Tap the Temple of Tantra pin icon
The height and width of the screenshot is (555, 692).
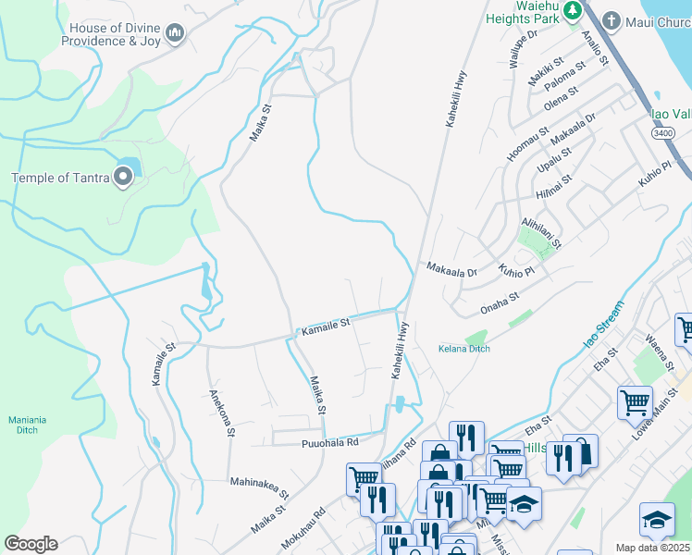click(x=123, y=179)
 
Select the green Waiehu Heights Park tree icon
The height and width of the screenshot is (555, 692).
click(x=573, y=10)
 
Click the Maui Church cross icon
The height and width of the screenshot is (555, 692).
click(x=612, y=19)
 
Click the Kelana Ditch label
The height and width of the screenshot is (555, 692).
click(x=463, y=349)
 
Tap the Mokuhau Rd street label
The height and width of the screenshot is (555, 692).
click(x=307, y=524)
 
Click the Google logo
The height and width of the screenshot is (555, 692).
click(x=31, y=544)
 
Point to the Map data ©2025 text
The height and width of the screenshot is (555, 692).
click(x=652, y=548)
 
